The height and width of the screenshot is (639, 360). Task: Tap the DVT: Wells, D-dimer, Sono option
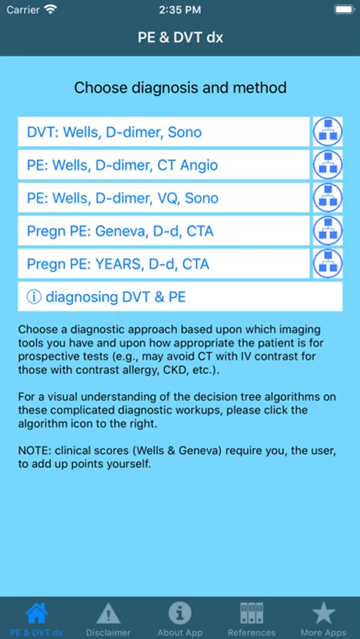point(163,131)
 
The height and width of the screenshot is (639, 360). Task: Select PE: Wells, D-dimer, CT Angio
point(163,165)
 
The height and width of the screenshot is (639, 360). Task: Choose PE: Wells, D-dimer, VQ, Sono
point(163,197)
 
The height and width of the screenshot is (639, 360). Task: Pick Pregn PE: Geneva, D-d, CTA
point(163,231)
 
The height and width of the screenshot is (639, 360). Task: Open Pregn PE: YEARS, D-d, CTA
point(163,263)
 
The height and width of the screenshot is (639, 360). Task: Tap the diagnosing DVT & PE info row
point(180,297)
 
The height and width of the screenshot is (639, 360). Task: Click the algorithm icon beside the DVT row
point(327,131)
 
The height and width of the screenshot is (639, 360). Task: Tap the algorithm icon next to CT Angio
point(327,165)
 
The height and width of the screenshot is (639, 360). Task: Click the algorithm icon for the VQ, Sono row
point(327,197)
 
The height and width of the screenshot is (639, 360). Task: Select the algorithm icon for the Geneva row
point(327,231)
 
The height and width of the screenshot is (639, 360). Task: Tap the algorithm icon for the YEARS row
point(327,263)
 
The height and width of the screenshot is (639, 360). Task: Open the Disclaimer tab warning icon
point(108,613)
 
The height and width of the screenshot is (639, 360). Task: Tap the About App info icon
point(180,613)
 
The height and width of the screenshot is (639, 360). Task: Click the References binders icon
point(251,613)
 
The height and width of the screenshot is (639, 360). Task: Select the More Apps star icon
point(323,613)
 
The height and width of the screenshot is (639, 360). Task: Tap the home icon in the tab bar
point(36,613)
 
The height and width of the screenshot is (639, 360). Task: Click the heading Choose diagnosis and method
point(180,87)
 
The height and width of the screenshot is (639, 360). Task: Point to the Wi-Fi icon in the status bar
point(51,9)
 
